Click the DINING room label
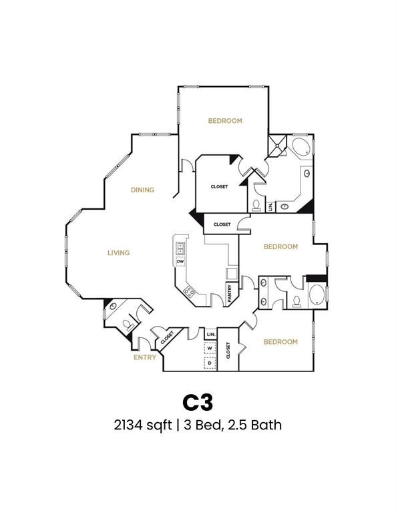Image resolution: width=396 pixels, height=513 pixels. (142, 190)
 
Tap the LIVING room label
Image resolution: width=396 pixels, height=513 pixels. (118, 252)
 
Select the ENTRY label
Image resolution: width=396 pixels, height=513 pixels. (144, 357)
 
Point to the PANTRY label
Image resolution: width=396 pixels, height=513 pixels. (230, 295)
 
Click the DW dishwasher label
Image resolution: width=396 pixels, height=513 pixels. (180, 261)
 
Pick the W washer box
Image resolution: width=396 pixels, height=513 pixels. (210, 348)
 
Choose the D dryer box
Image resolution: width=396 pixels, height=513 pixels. (210, 363)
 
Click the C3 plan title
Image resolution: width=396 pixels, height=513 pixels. (198, 401)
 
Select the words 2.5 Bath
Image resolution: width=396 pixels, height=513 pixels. (258, 425)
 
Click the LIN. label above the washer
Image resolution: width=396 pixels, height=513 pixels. (210, 333)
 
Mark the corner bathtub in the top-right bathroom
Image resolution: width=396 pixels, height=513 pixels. (300, 148)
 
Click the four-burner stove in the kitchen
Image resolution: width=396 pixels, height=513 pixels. (189, 291)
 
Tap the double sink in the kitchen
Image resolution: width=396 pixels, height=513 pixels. (180, 248)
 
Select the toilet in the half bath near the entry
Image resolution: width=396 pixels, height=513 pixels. (128, 323)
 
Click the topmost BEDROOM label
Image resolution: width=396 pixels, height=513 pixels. (225, 121)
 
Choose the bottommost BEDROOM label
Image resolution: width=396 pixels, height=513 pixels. (280, 342)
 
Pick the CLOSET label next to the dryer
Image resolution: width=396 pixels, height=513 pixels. (228, 351)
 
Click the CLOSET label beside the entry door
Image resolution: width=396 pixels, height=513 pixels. (166, 338)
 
